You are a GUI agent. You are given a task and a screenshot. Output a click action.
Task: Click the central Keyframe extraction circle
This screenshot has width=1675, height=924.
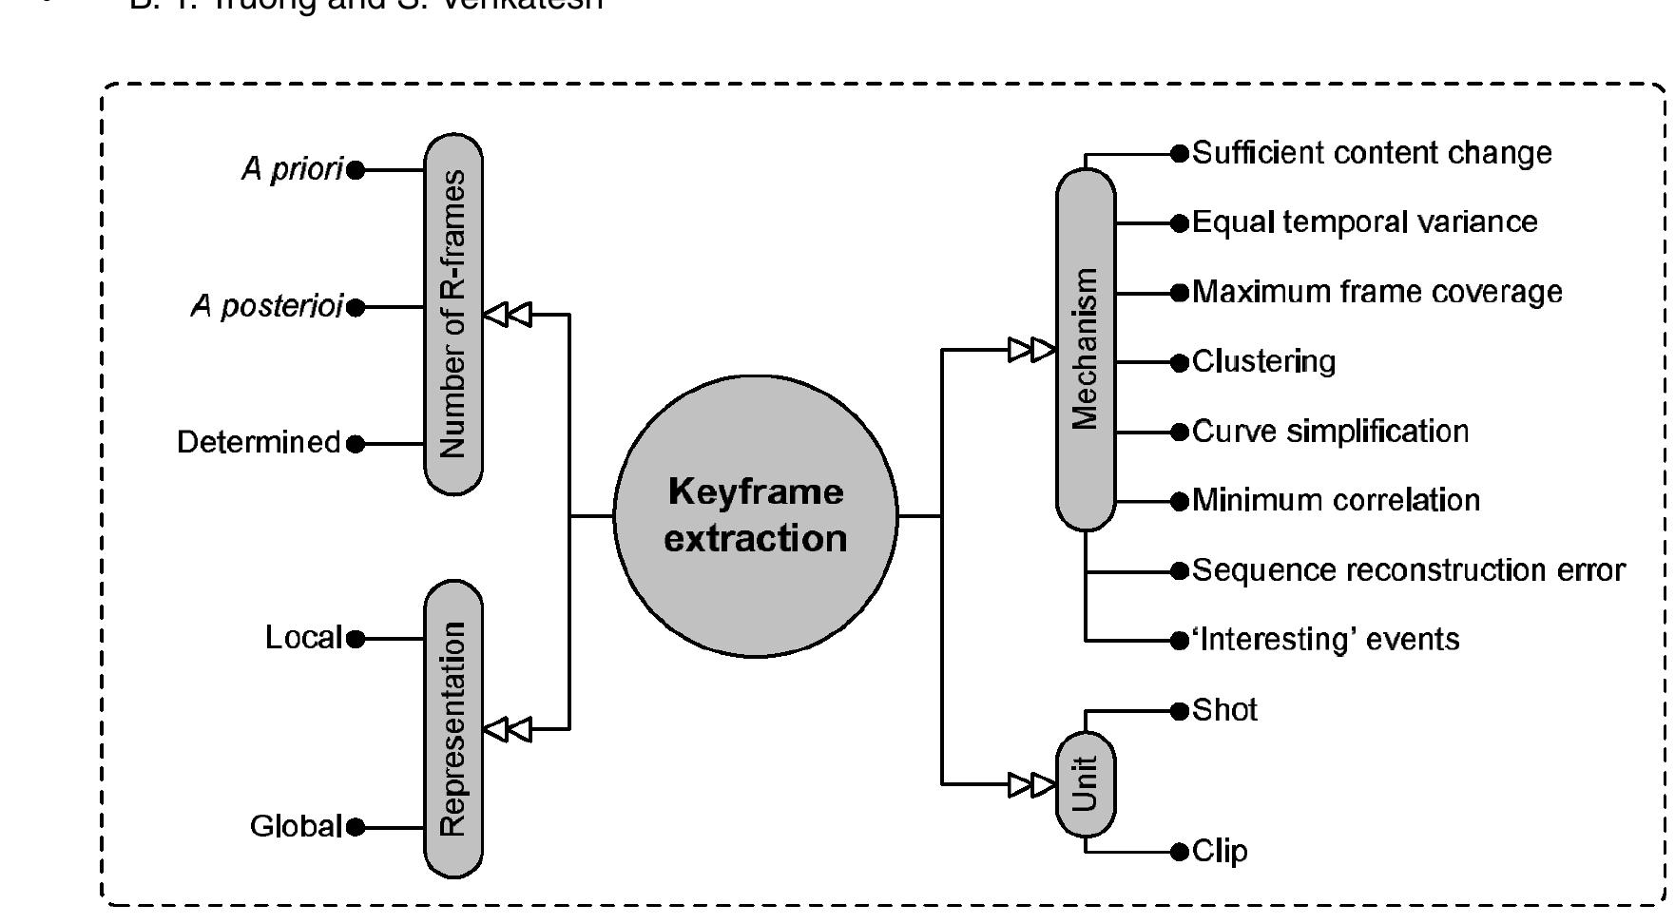[x=755, y=515]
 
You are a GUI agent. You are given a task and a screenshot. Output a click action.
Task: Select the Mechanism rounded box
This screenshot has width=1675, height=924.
[x=1085, y=349]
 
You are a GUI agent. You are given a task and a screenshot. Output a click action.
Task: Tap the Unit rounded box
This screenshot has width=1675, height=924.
[x=1085, y=783]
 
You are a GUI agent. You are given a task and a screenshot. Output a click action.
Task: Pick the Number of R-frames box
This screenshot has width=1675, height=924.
[x=452, y=314]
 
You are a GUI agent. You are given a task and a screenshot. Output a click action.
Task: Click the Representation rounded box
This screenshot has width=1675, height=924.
[x=452, y=729]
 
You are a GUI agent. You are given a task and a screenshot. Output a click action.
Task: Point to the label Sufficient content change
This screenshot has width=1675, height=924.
[x=1371, y=152]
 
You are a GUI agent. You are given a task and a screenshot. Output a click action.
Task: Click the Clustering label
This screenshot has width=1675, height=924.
[x=1263, y=361]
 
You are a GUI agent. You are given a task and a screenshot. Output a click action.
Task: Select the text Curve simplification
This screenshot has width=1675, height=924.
[x=1330, y=431]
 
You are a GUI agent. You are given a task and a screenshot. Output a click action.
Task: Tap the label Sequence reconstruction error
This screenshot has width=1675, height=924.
[x=1408, y=569]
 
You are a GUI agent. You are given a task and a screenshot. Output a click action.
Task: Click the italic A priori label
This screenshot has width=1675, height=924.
[x=291, y=169]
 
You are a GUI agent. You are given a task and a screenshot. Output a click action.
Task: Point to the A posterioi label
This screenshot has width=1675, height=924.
[x=266, y=307]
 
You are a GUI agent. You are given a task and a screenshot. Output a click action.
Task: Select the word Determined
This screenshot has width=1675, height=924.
[x=258, y=442]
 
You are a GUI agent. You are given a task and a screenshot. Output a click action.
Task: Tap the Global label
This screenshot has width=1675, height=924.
[x=295, y=826]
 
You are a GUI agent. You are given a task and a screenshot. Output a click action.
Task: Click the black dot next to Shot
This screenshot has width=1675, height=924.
[x=1180, y=710]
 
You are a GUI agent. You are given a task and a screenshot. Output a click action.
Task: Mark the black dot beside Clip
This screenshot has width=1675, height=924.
[x=1180, y=851]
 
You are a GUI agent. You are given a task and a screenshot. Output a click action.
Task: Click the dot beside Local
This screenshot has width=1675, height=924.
[x=356, y=639]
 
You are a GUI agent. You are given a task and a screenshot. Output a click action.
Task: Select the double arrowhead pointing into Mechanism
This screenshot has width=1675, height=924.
[x=1032, y=349]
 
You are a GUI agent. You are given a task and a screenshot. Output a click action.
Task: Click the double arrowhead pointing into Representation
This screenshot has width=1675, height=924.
[x=508, y=729]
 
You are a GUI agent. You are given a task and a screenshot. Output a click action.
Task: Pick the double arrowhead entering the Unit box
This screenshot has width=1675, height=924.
[x=1032, y=784]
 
